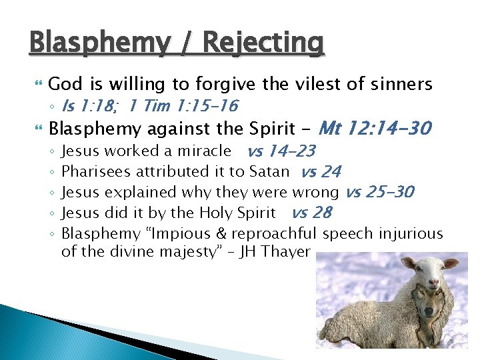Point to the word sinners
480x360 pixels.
(401, 84)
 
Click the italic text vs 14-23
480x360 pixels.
(281, 151)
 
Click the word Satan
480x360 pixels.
(269, 172)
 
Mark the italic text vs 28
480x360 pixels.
(311, 213)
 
